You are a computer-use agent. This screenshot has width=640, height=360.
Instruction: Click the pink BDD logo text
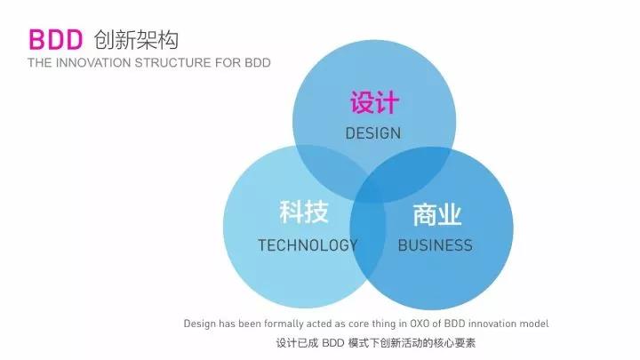coord(55,40)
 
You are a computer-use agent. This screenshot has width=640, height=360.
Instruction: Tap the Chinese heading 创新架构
coord(136,40)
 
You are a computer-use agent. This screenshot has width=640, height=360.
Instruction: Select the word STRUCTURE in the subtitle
coord(173,63)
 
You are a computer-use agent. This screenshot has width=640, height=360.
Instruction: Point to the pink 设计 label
coord(374,102)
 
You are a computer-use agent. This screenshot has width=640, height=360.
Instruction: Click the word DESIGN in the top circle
coord(373,133)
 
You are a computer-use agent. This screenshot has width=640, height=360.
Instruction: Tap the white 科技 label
coord(304,212)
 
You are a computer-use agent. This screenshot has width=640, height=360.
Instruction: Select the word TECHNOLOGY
coord(308,245)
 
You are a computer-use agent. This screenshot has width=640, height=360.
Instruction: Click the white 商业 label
coord(437,214)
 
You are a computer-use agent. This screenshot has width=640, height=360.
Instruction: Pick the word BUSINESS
coord(435,245)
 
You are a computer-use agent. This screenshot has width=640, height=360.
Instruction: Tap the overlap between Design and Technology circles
coord(329,167)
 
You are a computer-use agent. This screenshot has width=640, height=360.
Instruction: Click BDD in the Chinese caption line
coord(333,343)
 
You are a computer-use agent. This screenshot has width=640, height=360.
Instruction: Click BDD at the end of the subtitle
coord(258,63)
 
